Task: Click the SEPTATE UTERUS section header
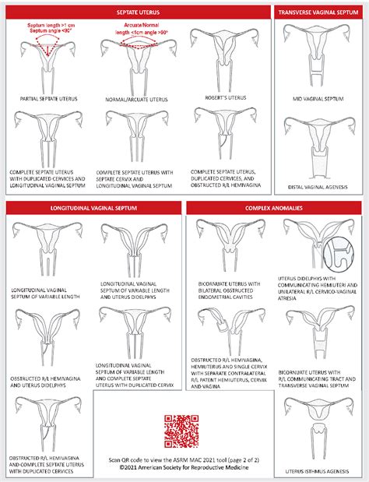coord(136,13)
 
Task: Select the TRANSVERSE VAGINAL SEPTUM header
coord(318,13)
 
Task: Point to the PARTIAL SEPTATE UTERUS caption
coord(47,99)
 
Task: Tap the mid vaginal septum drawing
coord(317,55)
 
